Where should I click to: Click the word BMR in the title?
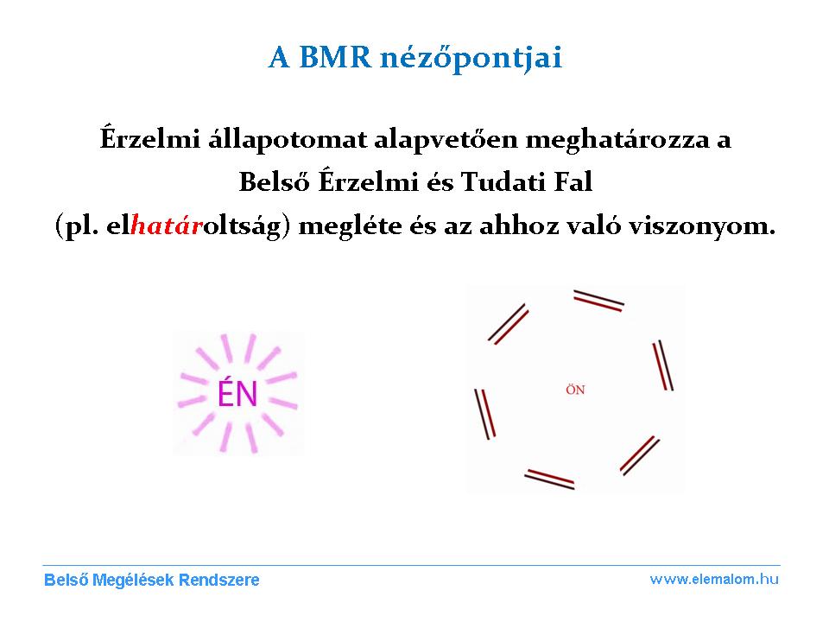click(x=336, y=57)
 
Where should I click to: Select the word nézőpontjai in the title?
click(x=471, y=58)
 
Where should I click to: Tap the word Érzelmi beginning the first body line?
click(x=150, y=138)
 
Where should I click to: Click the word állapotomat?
click(x=288, y=140)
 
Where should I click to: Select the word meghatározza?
click(x=617, y=140)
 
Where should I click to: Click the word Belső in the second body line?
click(x=274, y=181)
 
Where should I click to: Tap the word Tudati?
click(x=503, y=182)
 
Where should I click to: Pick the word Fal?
click(x=573, y=182)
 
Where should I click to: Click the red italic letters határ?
click(x=167, y=225)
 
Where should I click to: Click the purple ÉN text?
click(x=237, y=394)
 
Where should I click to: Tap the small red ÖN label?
click(x=575, y=390)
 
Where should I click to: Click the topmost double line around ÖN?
click(x=599, y=301)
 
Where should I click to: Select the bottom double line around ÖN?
click(x=549, y=479)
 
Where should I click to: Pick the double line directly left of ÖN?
click(x=484, y=414)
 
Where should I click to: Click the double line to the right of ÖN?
click(x=663, y=365)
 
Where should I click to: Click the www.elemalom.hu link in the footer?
click(x=714, y=579)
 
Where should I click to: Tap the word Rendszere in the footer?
click(x=218, y=580)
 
